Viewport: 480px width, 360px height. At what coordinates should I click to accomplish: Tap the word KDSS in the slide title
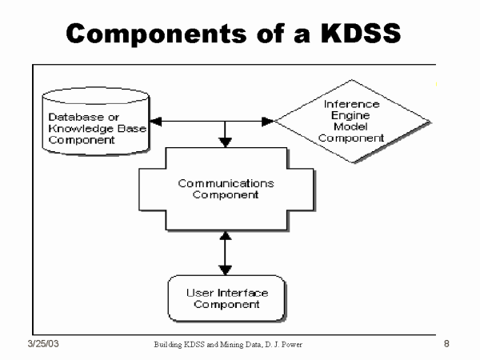click(x=355, y=33)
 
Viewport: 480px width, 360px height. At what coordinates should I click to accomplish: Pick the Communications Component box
click(x=226, y=190)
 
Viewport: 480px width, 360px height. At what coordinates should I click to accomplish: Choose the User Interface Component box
click(x=226, y=298)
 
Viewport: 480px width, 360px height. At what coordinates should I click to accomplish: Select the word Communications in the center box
click(x=226, y=183)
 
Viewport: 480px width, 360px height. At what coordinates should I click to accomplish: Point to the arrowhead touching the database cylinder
click(x=157, y=122)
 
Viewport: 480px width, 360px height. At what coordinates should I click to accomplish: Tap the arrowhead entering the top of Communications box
click(x=226, y=142)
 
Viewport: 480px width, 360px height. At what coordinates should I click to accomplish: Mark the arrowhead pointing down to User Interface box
click(x=226, y=270)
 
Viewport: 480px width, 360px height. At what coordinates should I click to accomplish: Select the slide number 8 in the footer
click(x=446, y=344)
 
